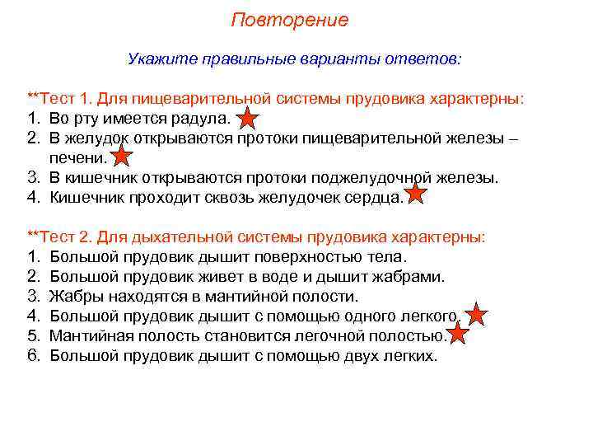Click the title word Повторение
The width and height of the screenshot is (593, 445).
[x=289, y=20]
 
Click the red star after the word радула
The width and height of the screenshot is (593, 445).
[x=249, y=120]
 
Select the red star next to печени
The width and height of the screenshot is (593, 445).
[x=121, y=156]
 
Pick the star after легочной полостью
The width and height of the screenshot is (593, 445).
[x=458, y=334]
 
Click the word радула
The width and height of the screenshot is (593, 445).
[x=203, y=119]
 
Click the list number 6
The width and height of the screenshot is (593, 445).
[x=34, y=356]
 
